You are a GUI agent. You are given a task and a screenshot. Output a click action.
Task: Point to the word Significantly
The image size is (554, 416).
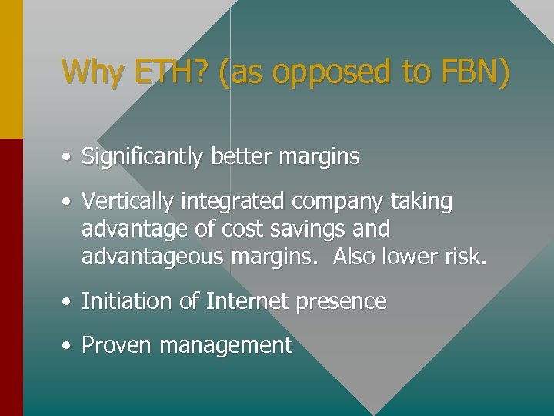(142, 157)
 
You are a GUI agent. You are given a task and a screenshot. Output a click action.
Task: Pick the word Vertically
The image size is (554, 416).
(128, 202)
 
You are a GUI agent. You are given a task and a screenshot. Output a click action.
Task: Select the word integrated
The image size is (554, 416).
(232, 202)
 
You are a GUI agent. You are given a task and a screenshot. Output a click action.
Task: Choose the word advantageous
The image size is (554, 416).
(152, 257)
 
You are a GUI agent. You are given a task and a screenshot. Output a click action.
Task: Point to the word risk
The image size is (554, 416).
(466, 257)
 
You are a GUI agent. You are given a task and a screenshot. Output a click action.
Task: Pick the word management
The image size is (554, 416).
(225, 346)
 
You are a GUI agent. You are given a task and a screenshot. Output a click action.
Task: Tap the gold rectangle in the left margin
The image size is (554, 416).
(12, 69)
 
